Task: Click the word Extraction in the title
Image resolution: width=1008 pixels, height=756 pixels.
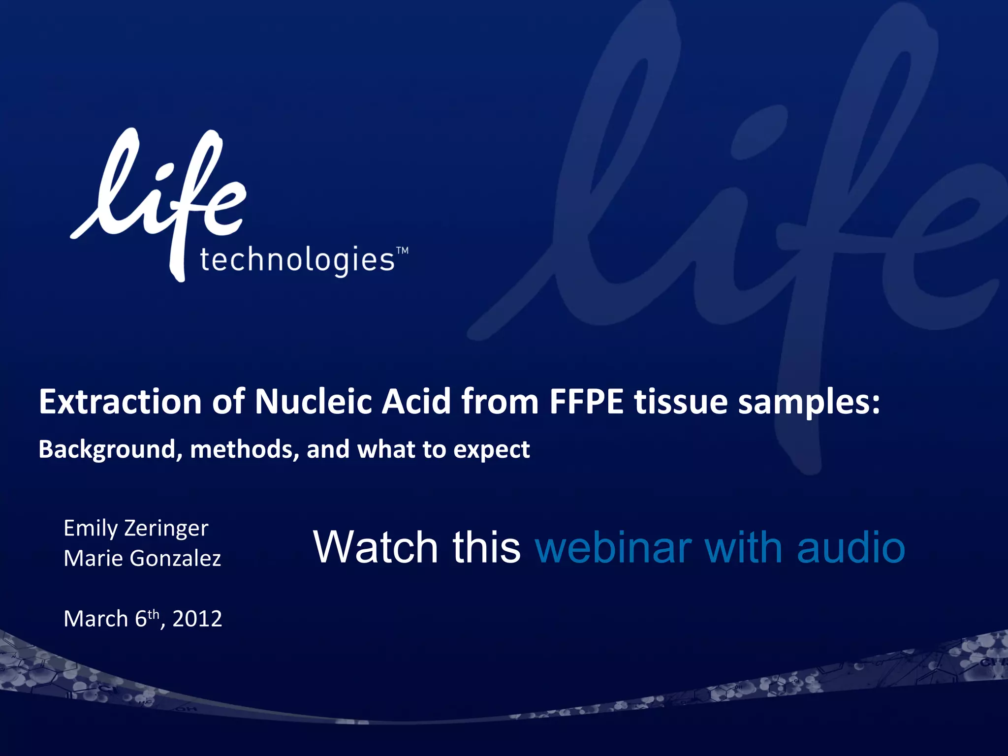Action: (x=120, y=402)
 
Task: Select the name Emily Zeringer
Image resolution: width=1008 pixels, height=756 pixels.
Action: (x=136, y=529)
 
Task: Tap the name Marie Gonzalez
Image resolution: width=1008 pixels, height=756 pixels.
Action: (x=142, y=558)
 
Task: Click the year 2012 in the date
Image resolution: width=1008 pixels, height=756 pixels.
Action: (x=197, y=619)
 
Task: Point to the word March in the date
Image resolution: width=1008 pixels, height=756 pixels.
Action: (x=95, y=619)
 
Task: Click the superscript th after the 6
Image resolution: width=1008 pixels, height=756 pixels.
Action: (x=154, y=614)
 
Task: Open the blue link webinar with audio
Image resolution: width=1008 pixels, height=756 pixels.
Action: (x=720, y=547)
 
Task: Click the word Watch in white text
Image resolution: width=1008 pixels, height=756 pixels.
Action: (x=375, y=547)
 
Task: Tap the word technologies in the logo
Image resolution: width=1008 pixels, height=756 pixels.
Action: (x=297, y=260)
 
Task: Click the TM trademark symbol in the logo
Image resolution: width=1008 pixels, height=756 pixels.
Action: (x=402, y=251)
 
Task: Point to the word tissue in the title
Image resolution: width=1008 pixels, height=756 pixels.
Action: (x=681, y=402)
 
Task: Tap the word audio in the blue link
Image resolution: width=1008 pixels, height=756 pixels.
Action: (x=851, y=547)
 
